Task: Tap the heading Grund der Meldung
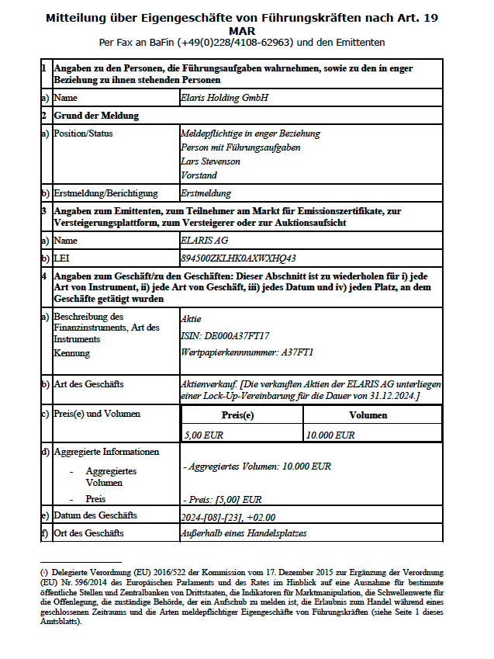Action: tap(96, 116)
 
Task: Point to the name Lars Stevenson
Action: tap(210, 161)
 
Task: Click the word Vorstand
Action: tap(199, 175)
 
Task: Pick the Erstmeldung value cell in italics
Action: tap(206, 193)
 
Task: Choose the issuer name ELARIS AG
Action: tap(204, 241)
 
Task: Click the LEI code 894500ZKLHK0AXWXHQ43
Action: tap(238, 258)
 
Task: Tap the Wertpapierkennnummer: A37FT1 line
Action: tap(247, 352)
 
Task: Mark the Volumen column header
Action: tap(368, 416)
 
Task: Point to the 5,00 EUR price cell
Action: tap(203, 435)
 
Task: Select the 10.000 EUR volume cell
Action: tap(330, 435)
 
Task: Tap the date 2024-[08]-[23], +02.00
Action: tap(228, 516)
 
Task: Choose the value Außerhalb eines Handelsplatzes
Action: tap(244, 533)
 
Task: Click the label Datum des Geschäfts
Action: tap(95, 515)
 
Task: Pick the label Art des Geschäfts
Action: tap(88, 384)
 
